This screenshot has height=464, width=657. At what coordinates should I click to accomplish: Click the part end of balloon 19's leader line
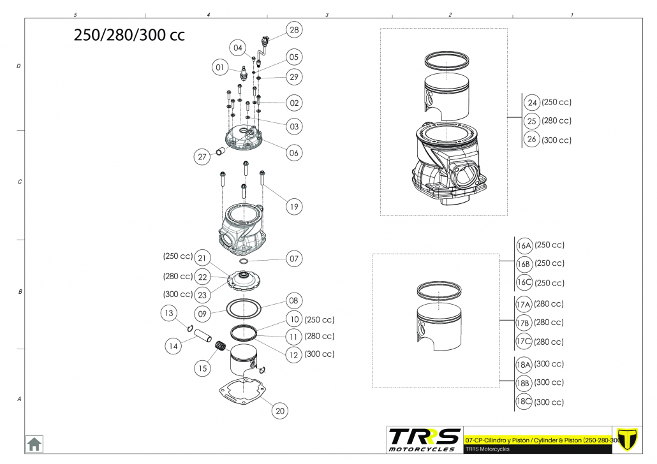click(263, 185)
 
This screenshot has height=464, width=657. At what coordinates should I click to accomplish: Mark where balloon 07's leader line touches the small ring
click(249, 261)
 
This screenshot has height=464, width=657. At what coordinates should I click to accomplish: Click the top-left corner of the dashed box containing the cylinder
click(380, 29)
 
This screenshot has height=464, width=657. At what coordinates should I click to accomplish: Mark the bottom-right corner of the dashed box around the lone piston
click(499, 388)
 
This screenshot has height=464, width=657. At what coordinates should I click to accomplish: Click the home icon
click(34, 444)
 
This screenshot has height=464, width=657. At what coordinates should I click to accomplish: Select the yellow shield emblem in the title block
click(627, 439)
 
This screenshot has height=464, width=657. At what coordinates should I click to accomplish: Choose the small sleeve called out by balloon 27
click(221, 151)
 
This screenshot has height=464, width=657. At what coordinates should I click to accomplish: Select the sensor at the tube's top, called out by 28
click(264, 40)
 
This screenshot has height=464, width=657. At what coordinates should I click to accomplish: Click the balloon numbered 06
click(293, 153)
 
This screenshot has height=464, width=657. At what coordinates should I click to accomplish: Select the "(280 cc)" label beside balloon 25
click(556, 120)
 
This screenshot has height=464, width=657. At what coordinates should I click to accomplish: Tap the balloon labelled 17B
click(523, 323)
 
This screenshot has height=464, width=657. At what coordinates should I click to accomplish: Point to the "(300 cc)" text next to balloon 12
click(320, 354)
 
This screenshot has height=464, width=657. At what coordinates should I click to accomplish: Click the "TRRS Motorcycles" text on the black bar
click(487, 449)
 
